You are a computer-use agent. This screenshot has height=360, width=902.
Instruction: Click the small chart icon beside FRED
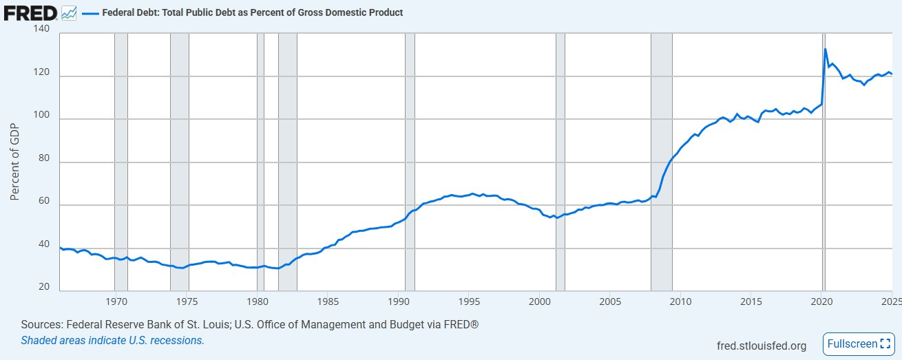pos(69,12)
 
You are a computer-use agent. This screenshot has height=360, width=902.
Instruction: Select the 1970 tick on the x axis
pos(116,301)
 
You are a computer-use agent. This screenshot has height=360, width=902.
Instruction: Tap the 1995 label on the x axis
pos(469,301)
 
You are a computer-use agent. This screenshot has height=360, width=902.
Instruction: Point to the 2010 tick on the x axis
pos(680,301)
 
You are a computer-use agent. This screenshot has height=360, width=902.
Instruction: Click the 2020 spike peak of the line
pos(826,49)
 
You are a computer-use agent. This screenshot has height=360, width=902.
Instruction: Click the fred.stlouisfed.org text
pos(761,346)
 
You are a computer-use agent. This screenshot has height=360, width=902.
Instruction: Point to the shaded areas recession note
pos(112,340)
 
